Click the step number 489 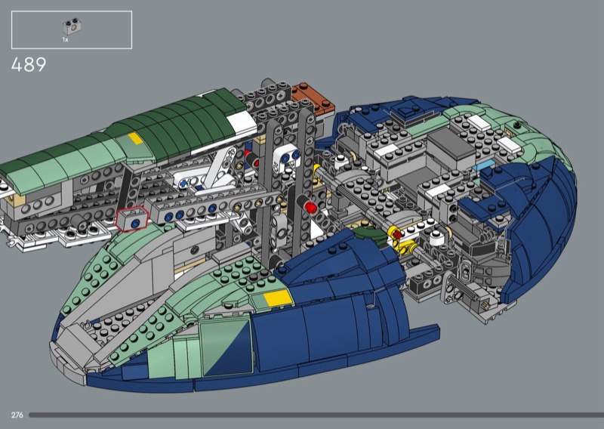click(x=29, y=65)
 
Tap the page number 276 click(x=17, y=415)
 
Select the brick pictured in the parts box click(x=72, y=26)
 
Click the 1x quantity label click(x=65, y=40)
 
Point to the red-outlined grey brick click(x=132, y=218)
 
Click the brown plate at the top click(x=313, y=98)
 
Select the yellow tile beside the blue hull click(x=276, y=298)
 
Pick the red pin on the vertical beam click(x=310, y=208)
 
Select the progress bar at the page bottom click(x=316, y=415)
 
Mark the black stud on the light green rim click(x=518, y=125)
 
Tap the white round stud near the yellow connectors click(x=436, y=239)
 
